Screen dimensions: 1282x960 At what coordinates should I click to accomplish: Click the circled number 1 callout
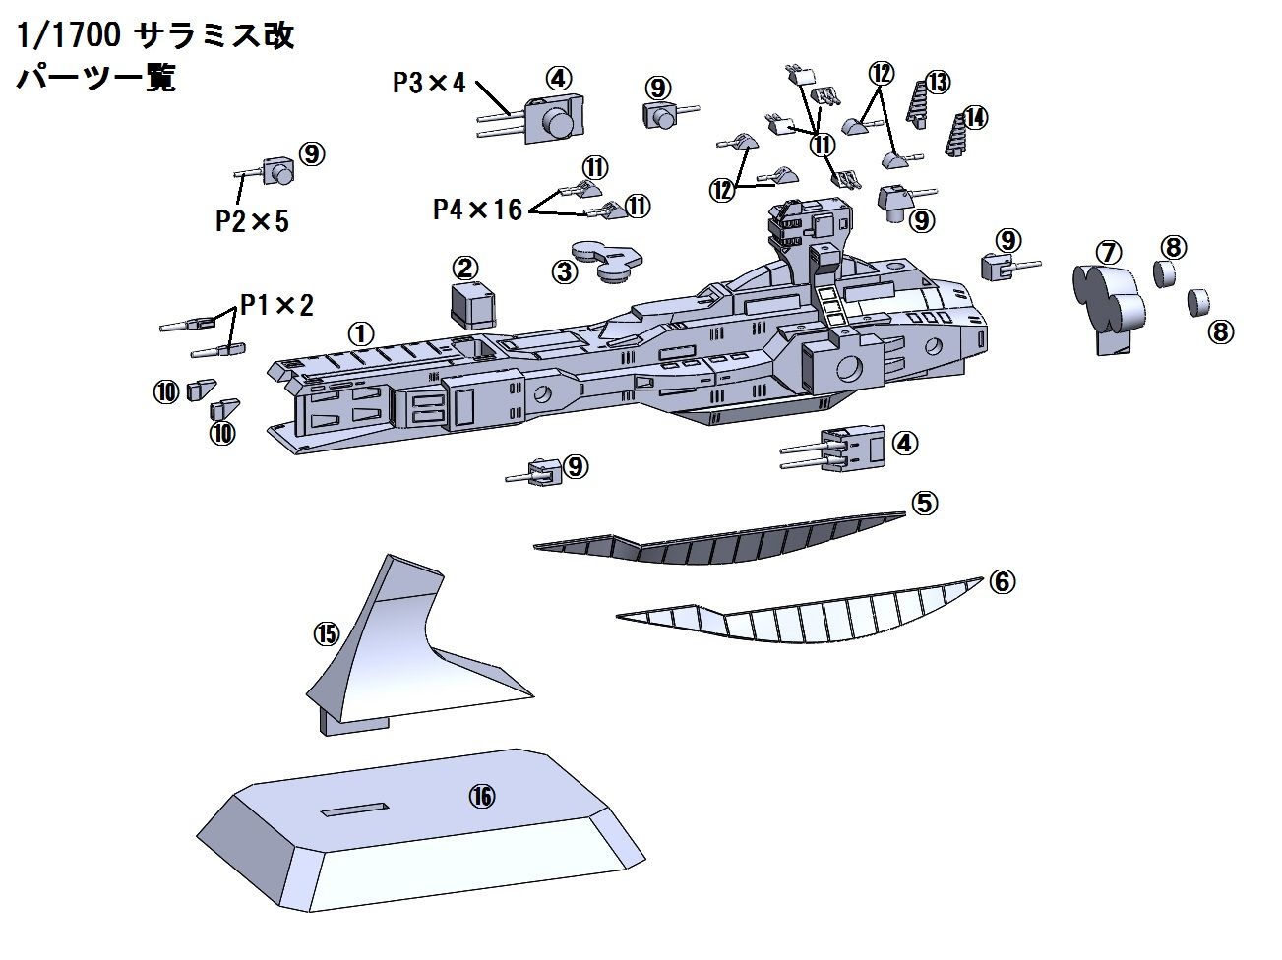(361, 334)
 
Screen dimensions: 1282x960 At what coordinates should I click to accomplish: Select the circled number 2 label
(465, 268)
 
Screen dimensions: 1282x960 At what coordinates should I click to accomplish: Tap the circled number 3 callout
(564, 271)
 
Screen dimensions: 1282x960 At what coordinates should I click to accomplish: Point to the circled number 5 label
(925, 503)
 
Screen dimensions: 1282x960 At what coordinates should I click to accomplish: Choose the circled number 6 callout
(1003, 581)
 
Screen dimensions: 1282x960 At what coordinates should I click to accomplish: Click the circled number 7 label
(1109, 253)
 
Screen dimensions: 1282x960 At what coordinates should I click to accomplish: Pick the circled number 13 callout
(938, 83)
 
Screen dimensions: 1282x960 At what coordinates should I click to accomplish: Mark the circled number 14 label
(975, 118)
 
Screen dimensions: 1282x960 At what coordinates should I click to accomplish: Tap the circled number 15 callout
(327, 633)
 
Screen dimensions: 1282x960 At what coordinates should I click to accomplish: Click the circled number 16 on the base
(482, 796)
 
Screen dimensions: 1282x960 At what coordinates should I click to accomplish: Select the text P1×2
(276, 305)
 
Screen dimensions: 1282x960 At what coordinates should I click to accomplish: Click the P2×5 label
(252, 221)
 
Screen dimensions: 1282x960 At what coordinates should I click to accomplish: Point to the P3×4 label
(429, 83)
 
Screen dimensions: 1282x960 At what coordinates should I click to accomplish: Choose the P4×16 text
(477, 210)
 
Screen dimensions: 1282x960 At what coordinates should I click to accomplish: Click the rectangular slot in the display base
(354, 809)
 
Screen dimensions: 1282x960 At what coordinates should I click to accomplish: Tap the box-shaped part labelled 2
(472, 305)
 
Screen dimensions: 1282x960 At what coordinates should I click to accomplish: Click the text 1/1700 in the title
(69, 35)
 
